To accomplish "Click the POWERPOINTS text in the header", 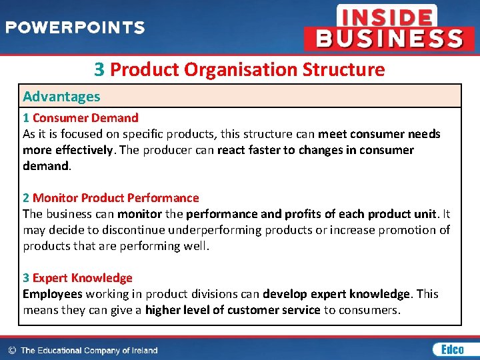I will (75, 28).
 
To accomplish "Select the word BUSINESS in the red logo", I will (389, 38).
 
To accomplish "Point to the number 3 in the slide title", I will (99, 69).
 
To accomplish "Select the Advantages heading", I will (61, 96).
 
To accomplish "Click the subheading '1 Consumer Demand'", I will (81, 118).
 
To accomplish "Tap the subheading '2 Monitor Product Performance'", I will (111, 198).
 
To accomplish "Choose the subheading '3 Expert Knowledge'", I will (77, 278).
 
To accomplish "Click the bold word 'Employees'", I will (52, 294).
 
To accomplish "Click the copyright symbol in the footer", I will (11, 350).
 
